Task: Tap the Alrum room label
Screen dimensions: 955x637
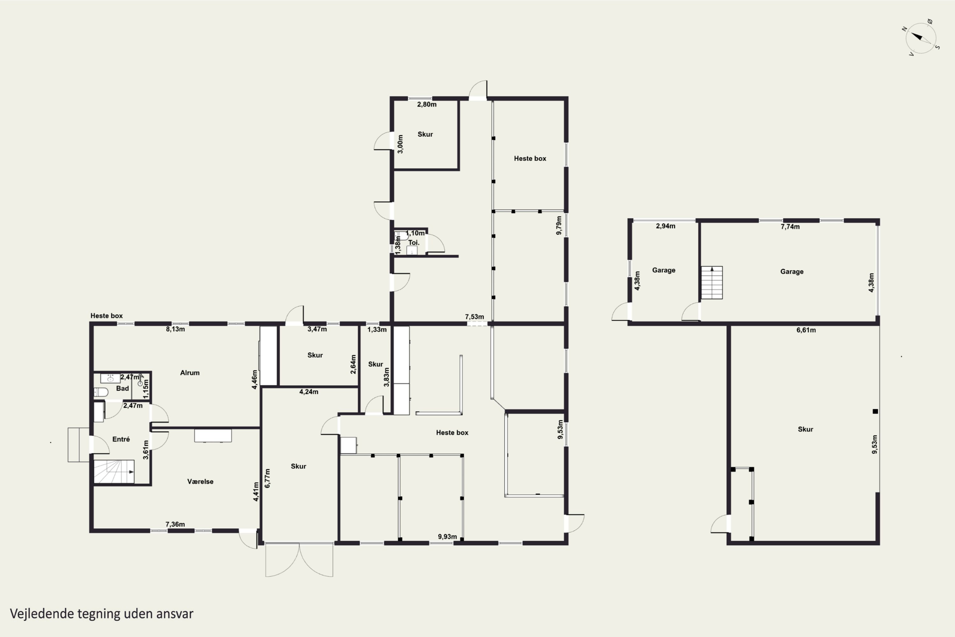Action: click(x=190, y=373)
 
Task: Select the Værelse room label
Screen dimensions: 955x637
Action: click(x=200, y=481)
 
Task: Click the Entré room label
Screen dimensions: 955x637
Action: click(x=121, y=439)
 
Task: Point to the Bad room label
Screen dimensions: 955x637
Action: click(x=122, y=388)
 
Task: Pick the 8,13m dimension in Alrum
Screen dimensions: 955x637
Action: click(x=175, y=329)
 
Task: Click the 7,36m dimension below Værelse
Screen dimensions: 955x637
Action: click(x=175, y=524)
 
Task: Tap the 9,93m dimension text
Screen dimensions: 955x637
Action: click(x=447, y=537)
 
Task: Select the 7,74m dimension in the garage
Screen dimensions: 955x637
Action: click(x=790, y=227)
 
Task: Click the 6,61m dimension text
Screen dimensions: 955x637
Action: click(x=806, y=330)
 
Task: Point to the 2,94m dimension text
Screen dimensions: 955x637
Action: click(x=666, y=226)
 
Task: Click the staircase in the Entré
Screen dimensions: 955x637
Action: click(x=114, y=472)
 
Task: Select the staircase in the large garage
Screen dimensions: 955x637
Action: click(x=712, y=282)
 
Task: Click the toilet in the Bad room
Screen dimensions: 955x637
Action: click(x=101, y=392)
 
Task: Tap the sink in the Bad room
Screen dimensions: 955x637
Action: click(x=110, y=378)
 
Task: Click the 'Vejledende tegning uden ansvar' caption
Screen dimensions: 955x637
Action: click(x=102, y=613)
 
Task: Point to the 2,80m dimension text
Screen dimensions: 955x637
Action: click(x=427, y=104)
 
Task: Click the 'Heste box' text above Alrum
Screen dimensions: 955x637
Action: click(x=106, y=316)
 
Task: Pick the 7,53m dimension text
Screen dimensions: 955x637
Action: click(x=474, y=317)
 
